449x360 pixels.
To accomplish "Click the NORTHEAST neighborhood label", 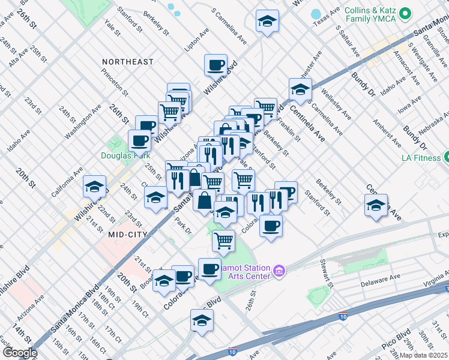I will pos(127,62).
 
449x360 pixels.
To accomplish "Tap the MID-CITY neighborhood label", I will pos(128,235).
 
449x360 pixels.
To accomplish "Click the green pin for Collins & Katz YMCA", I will pos(405,12).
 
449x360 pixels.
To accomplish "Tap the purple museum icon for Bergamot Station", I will pos(279,271).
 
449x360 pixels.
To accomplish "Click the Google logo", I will pos(20,353).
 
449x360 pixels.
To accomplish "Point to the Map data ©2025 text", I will pos(423,355).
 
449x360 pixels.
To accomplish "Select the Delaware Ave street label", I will pos(380,280).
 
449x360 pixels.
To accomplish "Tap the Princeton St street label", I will pos(115,81).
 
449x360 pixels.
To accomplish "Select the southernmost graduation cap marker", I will pos(202,321).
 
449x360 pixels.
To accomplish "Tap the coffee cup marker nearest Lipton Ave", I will pos(215,65).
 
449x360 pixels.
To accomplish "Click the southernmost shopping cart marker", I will pos(223,241).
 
